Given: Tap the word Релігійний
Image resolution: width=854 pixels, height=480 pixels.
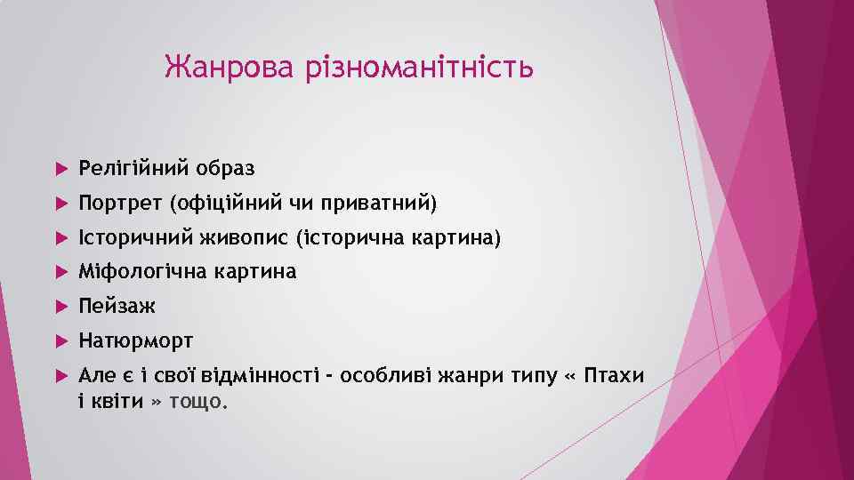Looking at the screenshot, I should (133, 168).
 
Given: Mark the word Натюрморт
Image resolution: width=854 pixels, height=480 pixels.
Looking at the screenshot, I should (135, 341).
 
